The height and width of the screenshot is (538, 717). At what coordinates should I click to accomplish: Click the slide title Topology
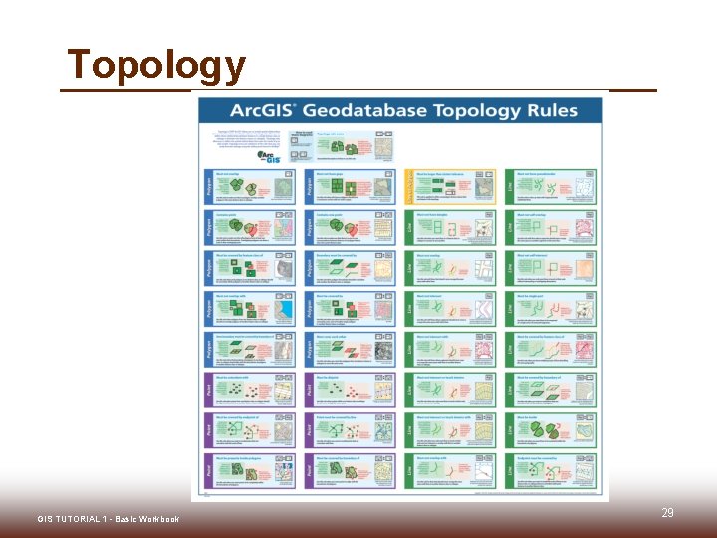tap(155, 65)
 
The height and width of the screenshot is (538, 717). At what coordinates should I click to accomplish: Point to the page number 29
tap(667, 513)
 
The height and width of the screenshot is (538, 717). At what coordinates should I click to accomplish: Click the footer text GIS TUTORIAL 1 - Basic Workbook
tap(109, 520)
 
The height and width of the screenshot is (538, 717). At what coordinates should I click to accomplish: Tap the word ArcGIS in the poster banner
tap(263, 110)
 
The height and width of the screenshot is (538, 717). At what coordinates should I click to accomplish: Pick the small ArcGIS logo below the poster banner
tap(267, 155)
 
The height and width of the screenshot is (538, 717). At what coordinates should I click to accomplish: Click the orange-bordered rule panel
tap(449, 186)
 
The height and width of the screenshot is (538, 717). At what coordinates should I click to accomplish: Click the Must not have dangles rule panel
tap(449, 227)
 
